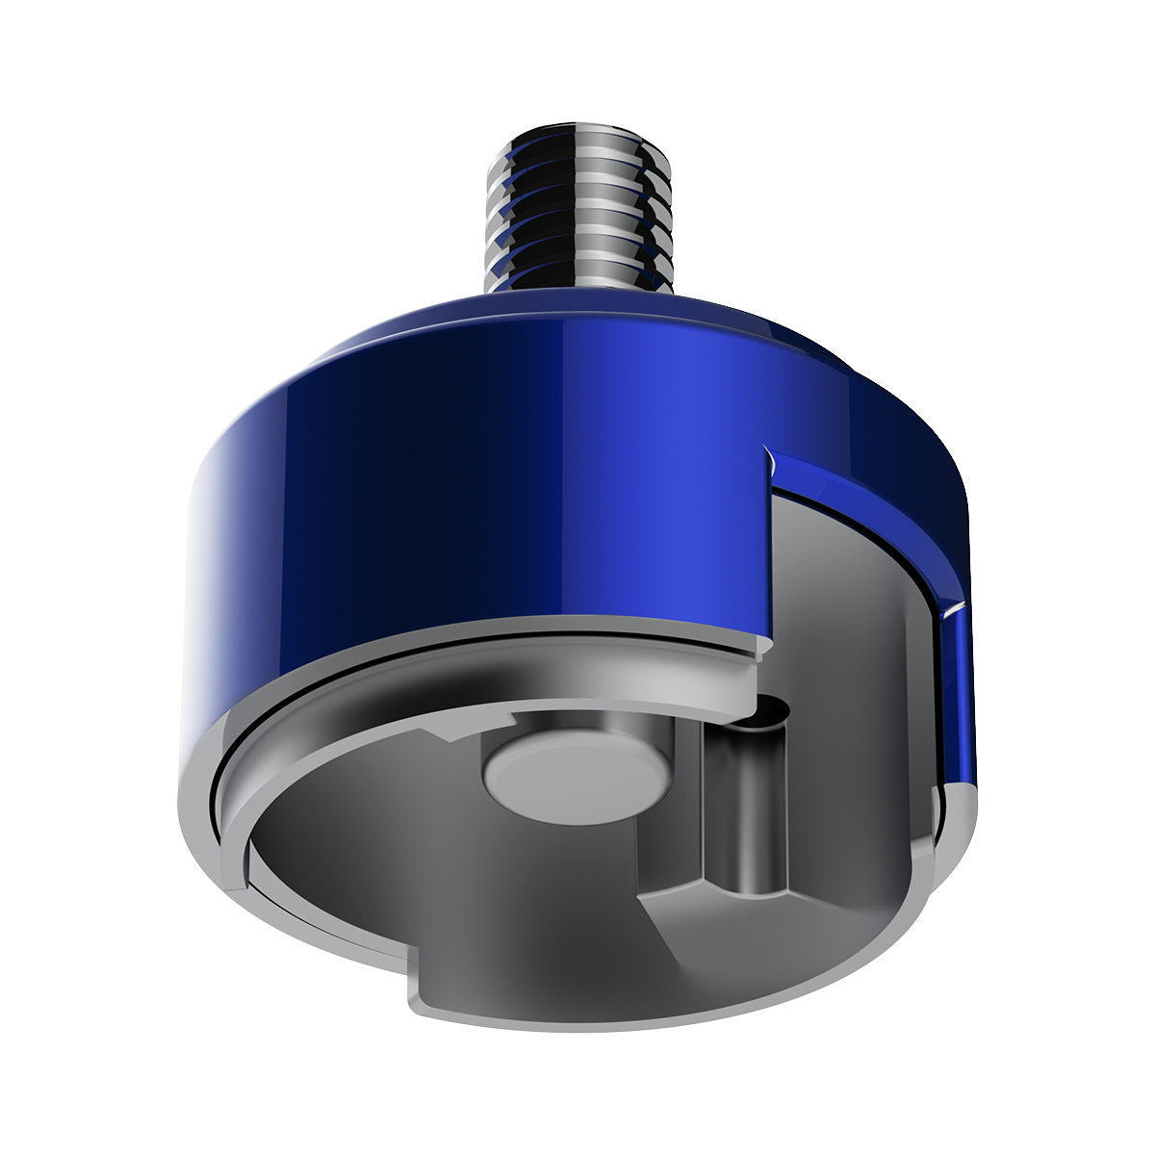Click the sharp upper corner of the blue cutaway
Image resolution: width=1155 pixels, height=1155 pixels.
(x=765, y=449)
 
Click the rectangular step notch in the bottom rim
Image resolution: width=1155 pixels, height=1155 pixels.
(x=414, y=982)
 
